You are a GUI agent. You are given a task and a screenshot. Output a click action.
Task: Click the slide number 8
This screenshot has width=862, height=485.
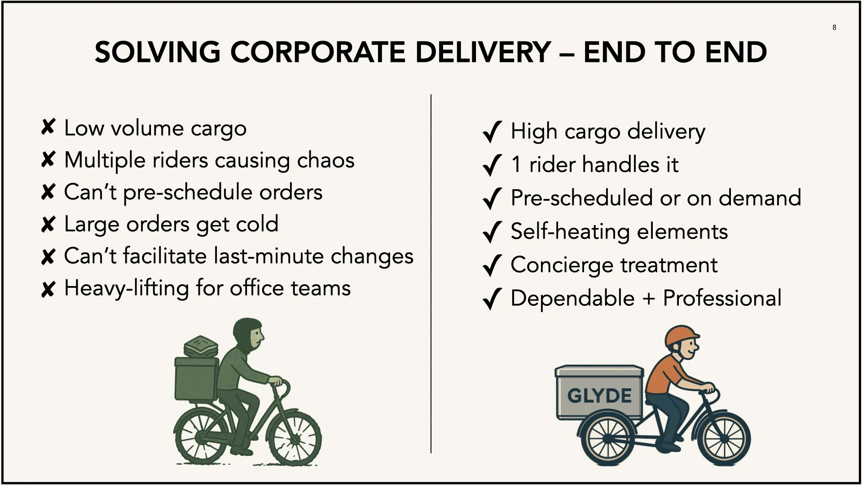click(x=834, y=27)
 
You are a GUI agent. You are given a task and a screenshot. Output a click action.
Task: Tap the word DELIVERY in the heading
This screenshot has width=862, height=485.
click(x=483, y=52)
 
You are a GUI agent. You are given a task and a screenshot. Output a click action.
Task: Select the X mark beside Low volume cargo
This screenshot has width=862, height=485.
click(x=48, y=128)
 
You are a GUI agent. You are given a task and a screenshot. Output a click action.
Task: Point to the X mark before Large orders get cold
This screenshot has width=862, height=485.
click(x=48, y=224)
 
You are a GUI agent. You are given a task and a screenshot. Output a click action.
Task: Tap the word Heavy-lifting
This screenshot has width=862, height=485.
click(x=127, y=288)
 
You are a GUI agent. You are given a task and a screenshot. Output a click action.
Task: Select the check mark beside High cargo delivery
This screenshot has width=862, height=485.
click(x=492, y=132)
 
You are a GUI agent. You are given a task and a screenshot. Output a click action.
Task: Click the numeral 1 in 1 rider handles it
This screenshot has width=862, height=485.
click(x=516, y=164)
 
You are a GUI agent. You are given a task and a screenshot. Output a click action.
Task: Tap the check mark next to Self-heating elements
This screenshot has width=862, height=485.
click(x=492, y=232)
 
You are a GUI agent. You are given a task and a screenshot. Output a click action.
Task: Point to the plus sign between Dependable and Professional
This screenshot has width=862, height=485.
click(x=648, y=299)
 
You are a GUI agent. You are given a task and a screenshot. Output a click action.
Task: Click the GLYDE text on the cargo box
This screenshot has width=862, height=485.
click(x=599, y=396)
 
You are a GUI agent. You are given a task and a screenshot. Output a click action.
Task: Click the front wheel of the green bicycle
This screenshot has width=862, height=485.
click(x=294, y=438)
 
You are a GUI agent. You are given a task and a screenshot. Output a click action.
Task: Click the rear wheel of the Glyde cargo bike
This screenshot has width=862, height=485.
click(x=608, y=438)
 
